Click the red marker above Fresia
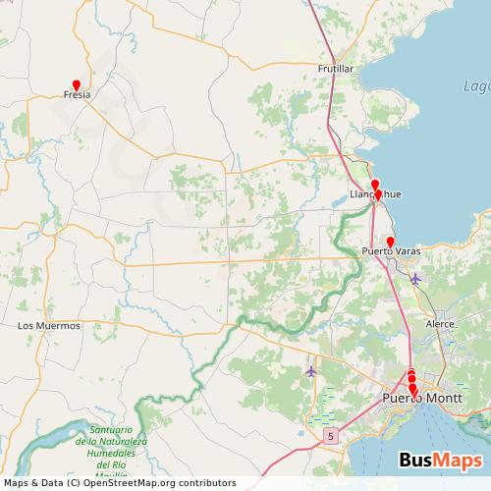[x=76, y=84]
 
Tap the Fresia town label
[x=77, y=96]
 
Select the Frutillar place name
[x=335, y=69]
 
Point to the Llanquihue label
[x=375, y=194]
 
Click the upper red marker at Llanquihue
[x=374, y=184]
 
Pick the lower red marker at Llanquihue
[x=378, y=194]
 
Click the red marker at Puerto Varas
[x=390, y=242]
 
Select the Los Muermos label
[x=49, y=324]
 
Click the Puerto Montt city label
[x=413, y=399]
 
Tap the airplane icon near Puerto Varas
[x=414, y=279]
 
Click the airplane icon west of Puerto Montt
[x=312, y=371]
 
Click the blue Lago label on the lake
[x=476, y=86]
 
